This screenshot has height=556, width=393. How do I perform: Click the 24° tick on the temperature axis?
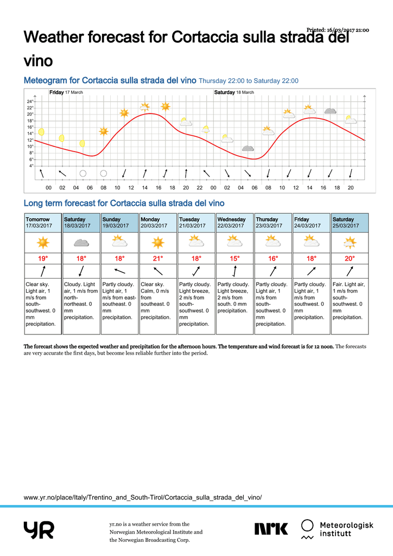[x=30, y=102]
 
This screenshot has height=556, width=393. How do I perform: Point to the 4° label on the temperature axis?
[x=31, y=166]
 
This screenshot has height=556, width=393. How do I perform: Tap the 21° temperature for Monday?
[x=158, y=258]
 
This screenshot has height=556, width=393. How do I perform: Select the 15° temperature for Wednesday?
[x=234, y=258]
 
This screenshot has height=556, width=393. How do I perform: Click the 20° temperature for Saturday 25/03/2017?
[x=350, y=258]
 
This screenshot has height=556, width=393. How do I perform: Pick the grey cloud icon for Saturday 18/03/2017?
[x=81, y=242]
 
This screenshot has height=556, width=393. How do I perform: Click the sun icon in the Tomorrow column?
[x=43, y=242]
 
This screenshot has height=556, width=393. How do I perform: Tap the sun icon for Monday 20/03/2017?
[x=158, y=242]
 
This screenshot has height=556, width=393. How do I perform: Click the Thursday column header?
[x=272, y=223]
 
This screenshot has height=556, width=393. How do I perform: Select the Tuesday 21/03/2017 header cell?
[x=196, y=223]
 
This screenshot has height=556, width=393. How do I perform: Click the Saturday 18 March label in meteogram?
[x=234, y=92]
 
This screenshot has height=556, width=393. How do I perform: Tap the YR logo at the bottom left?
[x=39, y=529]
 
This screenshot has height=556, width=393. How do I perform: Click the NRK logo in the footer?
[x=271, y=528]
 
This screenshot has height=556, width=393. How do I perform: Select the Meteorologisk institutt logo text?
[x=346, y=529]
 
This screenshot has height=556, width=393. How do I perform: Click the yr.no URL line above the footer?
[x=143, y=497]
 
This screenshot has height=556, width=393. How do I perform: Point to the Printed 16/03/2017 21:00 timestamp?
[x=338, y=30]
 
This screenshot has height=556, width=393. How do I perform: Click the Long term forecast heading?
[x=124, y=204]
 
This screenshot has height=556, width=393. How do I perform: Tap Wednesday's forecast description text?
[x=234, y=298]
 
